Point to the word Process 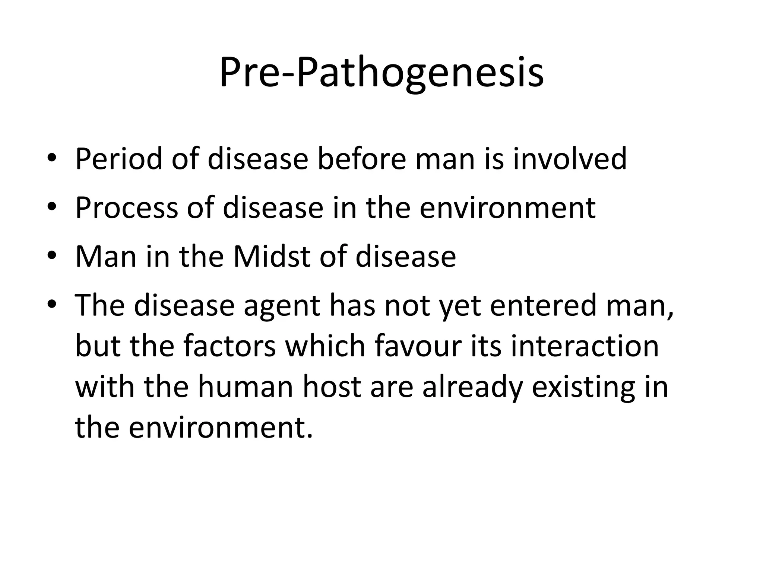point(127,208)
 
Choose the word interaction point(585,346)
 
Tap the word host point(332,387)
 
